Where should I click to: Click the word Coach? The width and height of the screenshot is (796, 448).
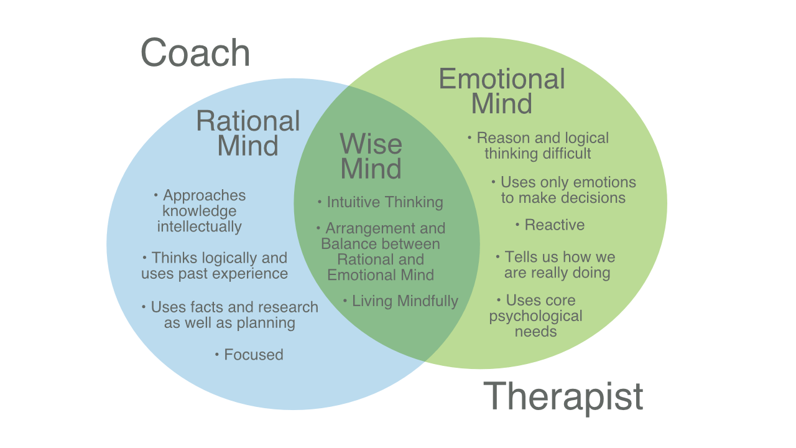tap(195, 54)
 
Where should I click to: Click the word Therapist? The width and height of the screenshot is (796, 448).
tap(563, 396)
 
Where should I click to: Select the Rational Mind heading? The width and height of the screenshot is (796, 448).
tap(248, 133)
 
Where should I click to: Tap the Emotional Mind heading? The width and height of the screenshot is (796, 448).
tap(502, 91)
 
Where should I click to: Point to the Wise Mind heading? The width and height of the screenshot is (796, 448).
tap(371, 157)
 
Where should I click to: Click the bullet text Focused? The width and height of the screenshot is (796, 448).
tap(253, 355)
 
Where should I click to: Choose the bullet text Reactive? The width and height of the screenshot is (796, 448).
tap(554, 225)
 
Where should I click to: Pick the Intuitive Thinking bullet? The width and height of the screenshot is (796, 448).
tap(384, 202)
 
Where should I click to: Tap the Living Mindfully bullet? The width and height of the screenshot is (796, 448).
tap(405, 301)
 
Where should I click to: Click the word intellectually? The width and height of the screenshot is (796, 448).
tap(199, 226)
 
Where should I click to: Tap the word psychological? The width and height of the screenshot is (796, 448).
tap(535, 316)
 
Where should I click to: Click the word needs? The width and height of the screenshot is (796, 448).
tap(535, 332)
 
